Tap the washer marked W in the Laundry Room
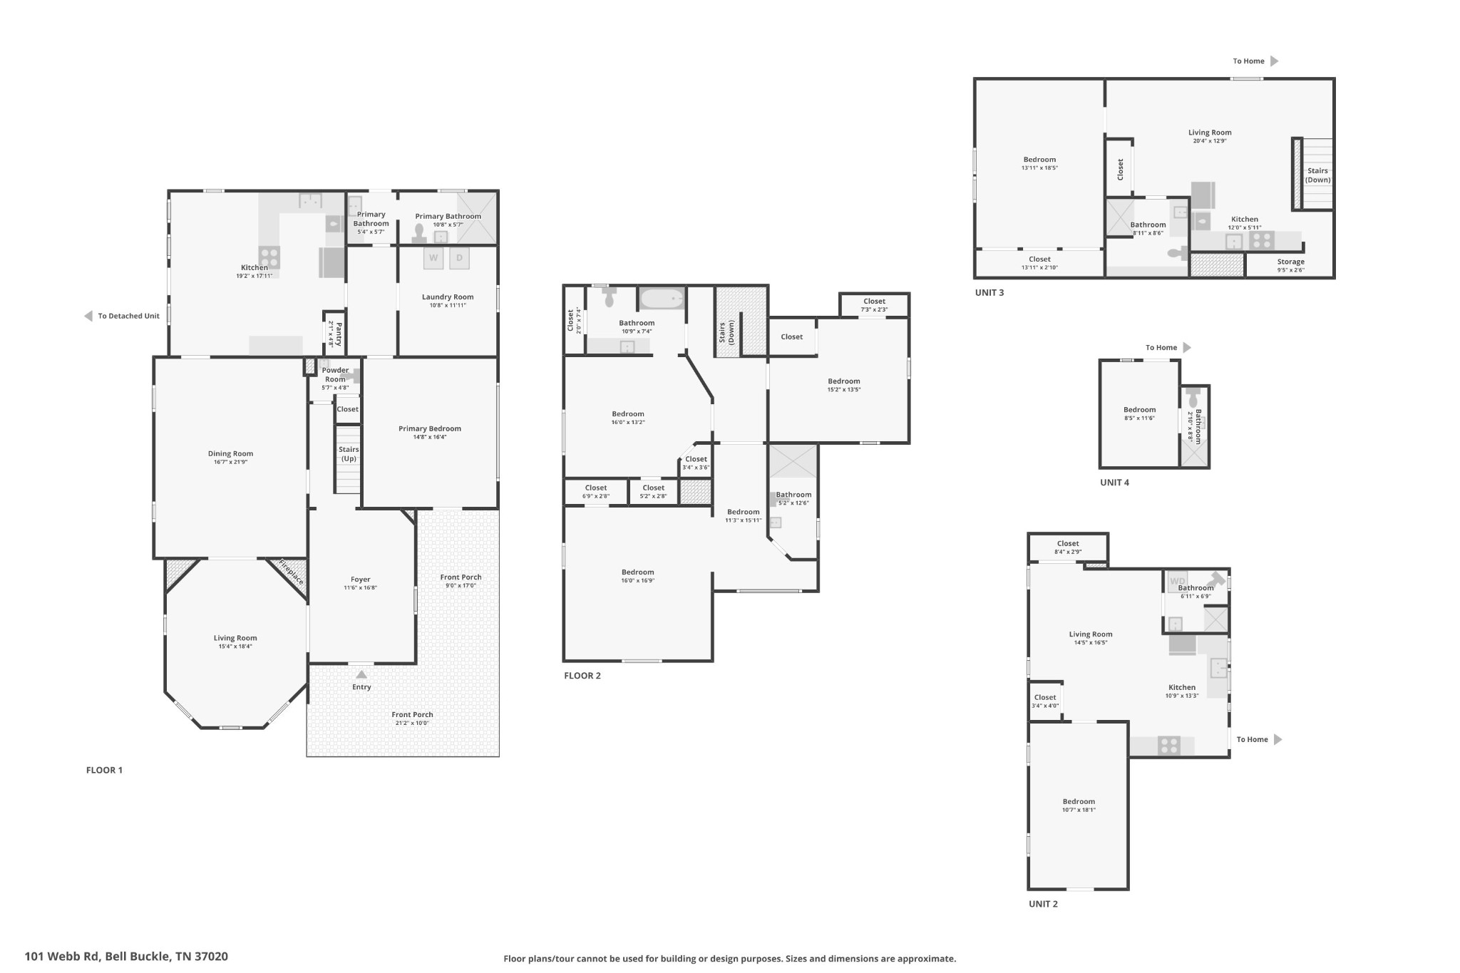433,258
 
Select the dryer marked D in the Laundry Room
460,258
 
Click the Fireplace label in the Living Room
291,572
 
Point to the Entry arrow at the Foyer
361,674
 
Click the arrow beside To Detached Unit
88,316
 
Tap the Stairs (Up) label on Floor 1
349,454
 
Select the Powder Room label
336,374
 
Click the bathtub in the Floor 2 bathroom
661,298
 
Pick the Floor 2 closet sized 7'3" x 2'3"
874,305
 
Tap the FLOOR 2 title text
582,676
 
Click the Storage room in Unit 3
1290,265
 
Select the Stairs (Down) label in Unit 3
1317,175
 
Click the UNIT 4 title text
1114,483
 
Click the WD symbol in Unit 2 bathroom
1178,582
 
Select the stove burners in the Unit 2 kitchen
1169,746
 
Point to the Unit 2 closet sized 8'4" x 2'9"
1068,547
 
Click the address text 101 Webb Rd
62,957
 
